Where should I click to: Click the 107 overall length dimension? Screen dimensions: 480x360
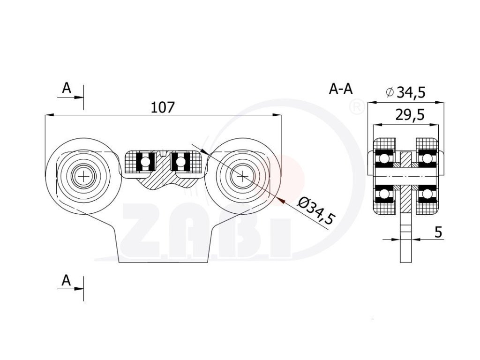(163, 107)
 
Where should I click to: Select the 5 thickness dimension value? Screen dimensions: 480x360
(439, 232)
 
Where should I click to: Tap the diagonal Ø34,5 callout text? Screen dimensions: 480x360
(317, 211)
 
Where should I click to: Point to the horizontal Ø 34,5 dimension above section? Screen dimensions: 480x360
(406, 92)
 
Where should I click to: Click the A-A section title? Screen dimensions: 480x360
(341, 89)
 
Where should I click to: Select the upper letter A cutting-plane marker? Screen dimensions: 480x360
(67, 88)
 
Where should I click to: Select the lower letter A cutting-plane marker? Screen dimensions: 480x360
(67, 280)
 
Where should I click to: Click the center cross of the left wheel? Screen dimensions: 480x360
(84, 176)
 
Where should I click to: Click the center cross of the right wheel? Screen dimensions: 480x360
(242, 176)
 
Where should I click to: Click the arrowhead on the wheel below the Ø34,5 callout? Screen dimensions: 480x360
(282, 200)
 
